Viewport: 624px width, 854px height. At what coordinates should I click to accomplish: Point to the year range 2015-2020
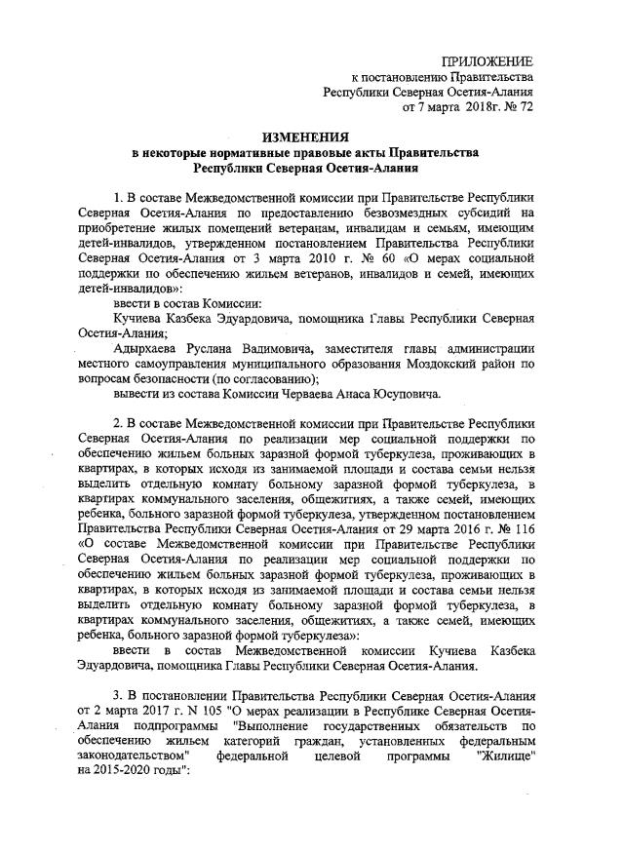(x=131, y=783)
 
